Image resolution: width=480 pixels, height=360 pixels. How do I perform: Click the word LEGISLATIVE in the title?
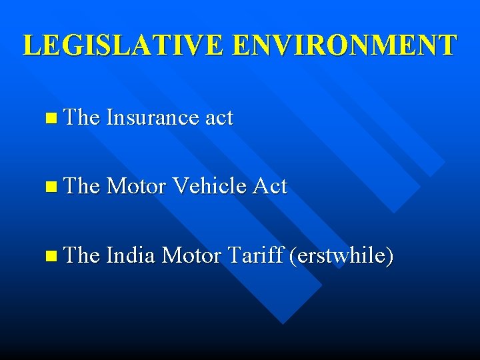coord(125,45)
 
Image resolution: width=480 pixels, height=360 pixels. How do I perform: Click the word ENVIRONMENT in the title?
coord(345,45)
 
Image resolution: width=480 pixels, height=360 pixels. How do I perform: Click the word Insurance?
coord(151,118)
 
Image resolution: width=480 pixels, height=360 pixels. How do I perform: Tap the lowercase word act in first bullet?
coord(219,119)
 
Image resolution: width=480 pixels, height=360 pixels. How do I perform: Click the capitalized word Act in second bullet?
coord(269,187)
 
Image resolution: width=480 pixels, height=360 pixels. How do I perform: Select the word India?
coord(131,255)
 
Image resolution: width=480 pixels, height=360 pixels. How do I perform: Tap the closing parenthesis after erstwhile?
coord(389,255)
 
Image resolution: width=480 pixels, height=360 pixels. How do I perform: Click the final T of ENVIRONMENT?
coord(448,45)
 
